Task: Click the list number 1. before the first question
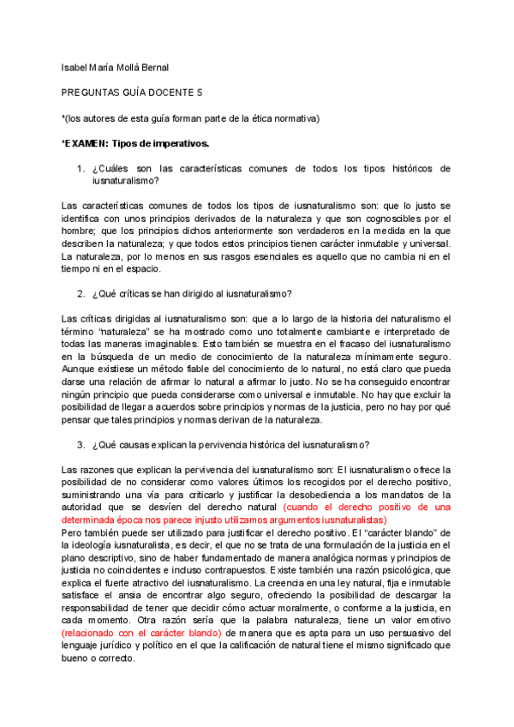click(81, 169)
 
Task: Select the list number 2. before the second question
click(81, 294)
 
